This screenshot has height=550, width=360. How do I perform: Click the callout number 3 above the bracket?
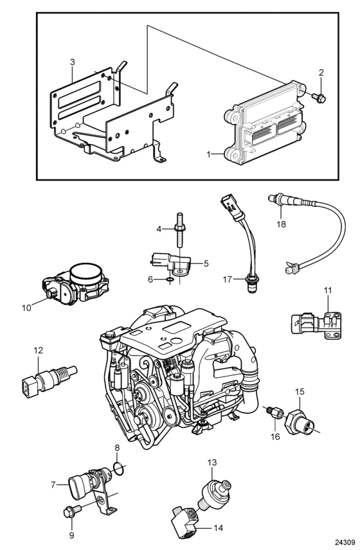point(72,62)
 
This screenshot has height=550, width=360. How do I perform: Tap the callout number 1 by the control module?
point(209,154)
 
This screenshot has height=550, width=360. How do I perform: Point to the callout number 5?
point(206,263)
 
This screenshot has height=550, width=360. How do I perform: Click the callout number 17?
point(228,279)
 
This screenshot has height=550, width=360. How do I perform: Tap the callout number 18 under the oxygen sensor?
point(282,224)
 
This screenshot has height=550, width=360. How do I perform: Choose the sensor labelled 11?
point(316,323)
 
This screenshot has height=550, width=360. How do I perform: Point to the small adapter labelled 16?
point(274,412)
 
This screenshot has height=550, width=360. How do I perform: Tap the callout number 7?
point(53,484)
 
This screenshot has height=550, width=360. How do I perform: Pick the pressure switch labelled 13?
point(217,490)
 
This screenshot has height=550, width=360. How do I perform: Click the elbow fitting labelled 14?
point(185,519)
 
